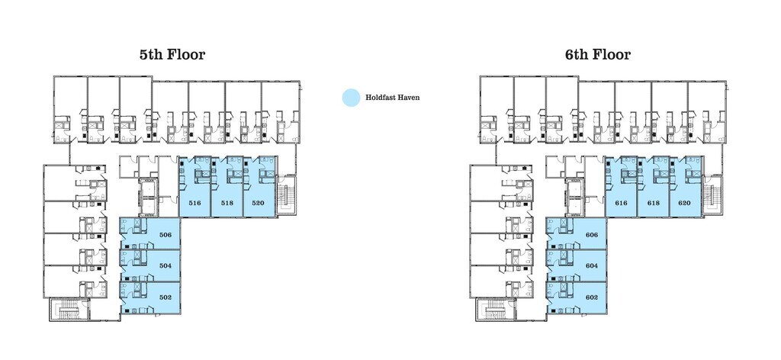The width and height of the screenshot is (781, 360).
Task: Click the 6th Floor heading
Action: (597, 55)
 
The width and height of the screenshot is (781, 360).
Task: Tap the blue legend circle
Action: (350, 98)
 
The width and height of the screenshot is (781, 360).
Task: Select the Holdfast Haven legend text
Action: (392, 98)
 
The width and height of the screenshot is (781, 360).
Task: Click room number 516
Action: (194, 204)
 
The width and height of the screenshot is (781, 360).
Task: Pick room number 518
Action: (227, 204)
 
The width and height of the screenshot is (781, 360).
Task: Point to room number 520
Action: (258, 204)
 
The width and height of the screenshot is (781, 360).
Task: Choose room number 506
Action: (166, 236)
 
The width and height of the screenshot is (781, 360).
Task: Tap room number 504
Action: (166, 265)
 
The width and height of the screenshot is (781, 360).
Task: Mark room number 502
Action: (166, 297)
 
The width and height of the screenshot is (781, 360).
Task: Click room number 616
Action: (621, 204)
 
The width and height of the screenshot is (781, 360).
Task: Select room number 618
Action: (653, 204)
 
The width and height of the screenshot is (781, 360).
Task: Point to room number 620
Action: (684, 204)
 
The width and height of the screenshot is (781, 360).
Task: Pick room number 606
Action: (592, 236)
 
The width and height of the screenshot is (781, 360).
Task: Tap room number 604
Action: (592, 265)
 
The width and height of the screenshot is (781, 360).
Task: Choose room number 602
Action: (592, 297)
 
